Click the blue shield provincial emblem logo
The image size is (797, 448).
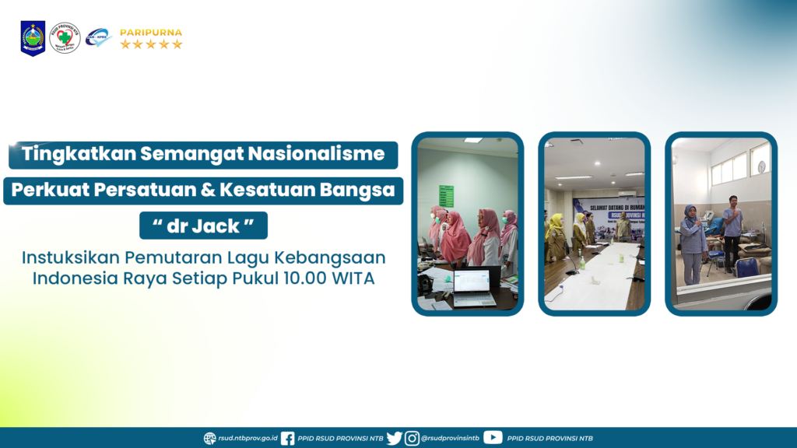click(x=33, y=38)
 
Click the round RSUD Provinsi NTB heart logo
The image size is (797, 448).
click(x=65, y=37)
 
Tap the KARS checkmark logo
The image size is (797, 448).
click(x=98, y=37)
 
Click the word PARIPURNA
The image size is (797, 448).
click(x=151, y=33)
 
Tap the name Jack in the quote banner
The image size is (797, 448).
click(x=216, y=226)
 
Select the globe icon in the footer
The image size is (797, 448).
click(x=210, y=438)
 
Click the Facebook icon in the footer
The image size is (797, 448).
click(x=287, y=438)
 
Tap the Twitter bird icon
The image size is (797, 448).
click(x=395, y=438)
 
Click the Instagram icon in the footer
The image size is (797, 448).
click(x=412, y=438)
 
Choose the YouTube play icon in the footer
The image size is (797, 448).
click(x=493, y=437)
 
